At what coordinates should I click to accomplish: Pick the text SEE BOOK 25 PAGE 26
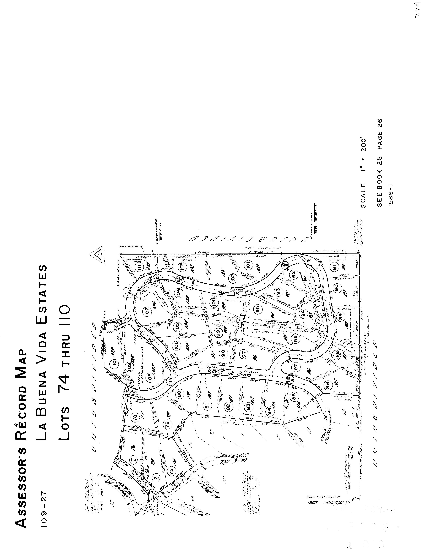(x=380, y=163)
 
